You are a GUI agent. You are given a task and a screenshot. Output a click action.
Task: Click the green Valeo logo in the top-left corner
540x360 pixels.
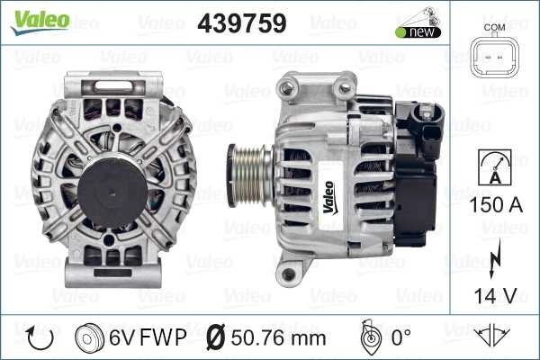pyautogui.click(x=40, y=22)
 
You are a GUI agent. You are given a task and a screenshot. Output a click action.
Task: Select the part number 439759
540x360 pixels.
pyautogui.click(x=242, y=23)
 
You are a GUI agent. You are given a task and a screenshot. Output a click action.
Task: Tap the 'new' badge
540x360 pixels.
pyautogui.click(x=418, y=32)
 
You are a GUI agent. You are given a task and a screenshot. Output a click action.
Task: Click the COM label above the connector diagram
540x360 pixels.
pyautogui.click(x=494, y=27)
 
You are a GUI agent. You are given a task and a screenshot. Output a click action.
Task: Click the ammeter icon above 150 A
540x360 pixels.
pyautogui.click(x=495, y=167)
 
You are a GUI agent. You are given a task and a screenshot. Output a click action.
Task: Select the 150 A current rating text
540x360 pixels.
pyautogui.click(x=496, y=204)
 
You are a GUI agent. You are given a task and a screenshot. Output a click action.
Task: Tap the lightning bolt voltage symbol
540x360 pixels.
pyautogui.click(x=495, y=258)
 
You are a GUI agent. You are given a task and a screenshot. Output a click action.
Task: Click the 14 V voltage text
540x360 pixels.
pyautogui.click(x=496, y=295)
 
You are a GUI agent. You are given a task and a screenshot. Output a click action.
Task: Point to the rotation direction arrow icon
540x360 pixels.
pyautogui.click(x=40, y=338)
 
